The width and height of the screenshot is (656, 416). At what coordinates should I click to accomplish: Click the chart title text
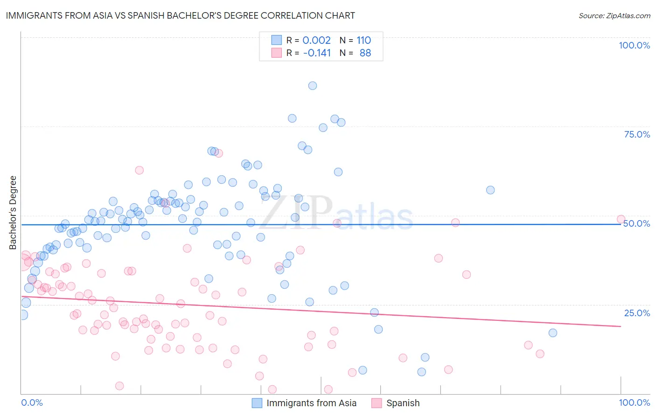click(x=180, y=16)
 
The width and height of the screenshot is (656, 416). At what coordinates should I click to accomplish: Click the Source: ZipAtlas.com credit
click(x=614, y=16)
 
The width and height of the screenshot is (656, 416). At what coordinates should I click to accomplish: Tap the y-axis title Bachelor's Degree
click(x=13, y=212)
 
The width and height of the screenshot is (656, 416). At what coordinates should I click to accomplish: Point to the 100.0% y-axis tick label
click(x=634, y=45)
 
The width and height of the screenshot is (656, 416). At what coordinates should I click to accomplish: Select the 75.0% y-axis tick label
click(x=637, y=134)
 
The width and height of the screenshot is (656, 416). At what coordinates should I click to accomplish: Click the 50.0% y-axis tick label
click(x=637, y=223)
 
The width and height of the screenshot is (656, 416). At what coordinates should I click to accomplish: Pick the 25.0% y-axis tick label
click(x=637, y=313)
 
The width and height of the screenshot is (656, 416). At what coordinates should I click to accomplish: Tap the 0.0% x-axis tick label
click(x=32, y=402)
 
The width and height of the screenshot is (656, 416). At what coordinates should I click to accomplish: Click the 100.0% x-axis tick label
click(x=634, y=402)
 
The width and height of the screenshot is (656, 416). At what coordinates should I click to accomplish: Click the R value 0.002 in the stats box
click(x=316, y=41)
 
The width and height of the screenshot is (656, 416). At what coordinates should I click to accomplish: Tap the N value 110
click(x=364, y=41)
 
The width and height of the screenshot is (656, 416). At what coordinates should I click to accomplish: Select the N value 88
click(x=365, y=53)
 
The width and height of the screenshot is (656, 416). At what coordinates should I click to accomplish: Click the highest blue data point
click(x=313, y=86)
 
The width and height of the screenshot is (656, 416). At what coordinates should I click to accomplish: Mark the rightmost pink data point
click(x=621, y=219)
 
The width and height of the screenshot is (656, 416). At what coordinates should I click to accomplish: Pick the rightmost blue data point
click(x=553, y=333)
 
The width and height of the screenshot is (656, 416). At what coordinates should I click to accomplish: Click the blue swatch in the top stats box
click(x=277, y=40)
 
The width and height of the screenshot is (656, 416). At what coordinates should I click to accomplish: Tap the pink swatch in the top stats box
click(x=277, y=53)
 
